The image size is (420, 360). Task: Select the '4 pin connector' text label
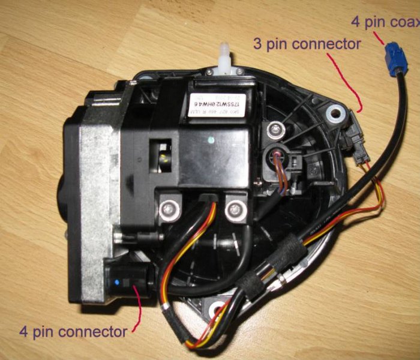73,331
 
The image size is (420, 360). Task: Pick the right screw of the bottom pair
232,211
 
